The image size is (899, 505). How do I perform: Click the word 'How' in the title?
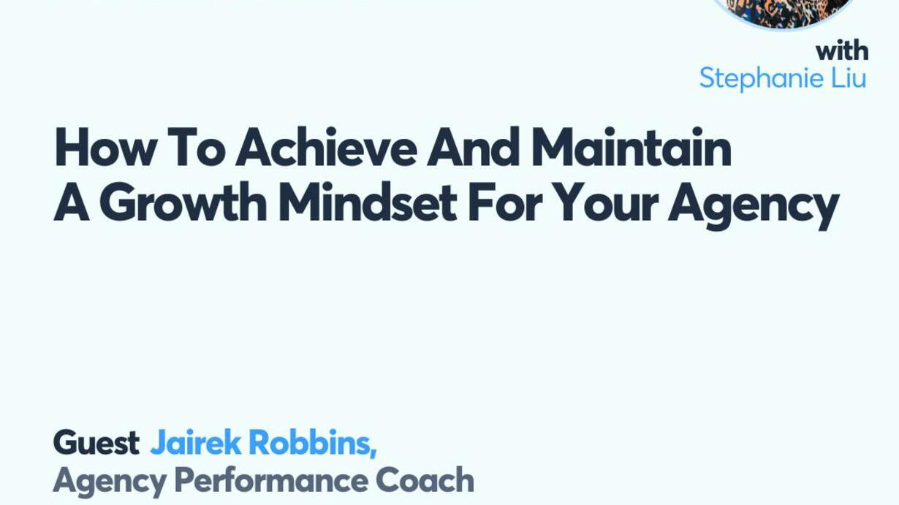(x=105, y=147)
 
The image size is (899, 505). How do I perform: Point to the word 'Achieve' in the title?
(x=326, y=147)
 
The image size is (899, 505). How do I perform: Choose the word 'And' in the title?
(x=473, y=147)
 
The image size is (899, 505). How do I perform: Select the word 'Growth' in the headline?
(x=183, y=202)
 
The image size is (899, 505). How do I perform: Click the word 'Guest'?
(x=96, y=443)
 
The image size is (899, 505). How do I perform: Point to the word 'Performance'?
(x=271, y=480)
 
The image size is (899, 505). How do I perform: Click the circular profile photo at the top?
(x=785, y=12)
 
